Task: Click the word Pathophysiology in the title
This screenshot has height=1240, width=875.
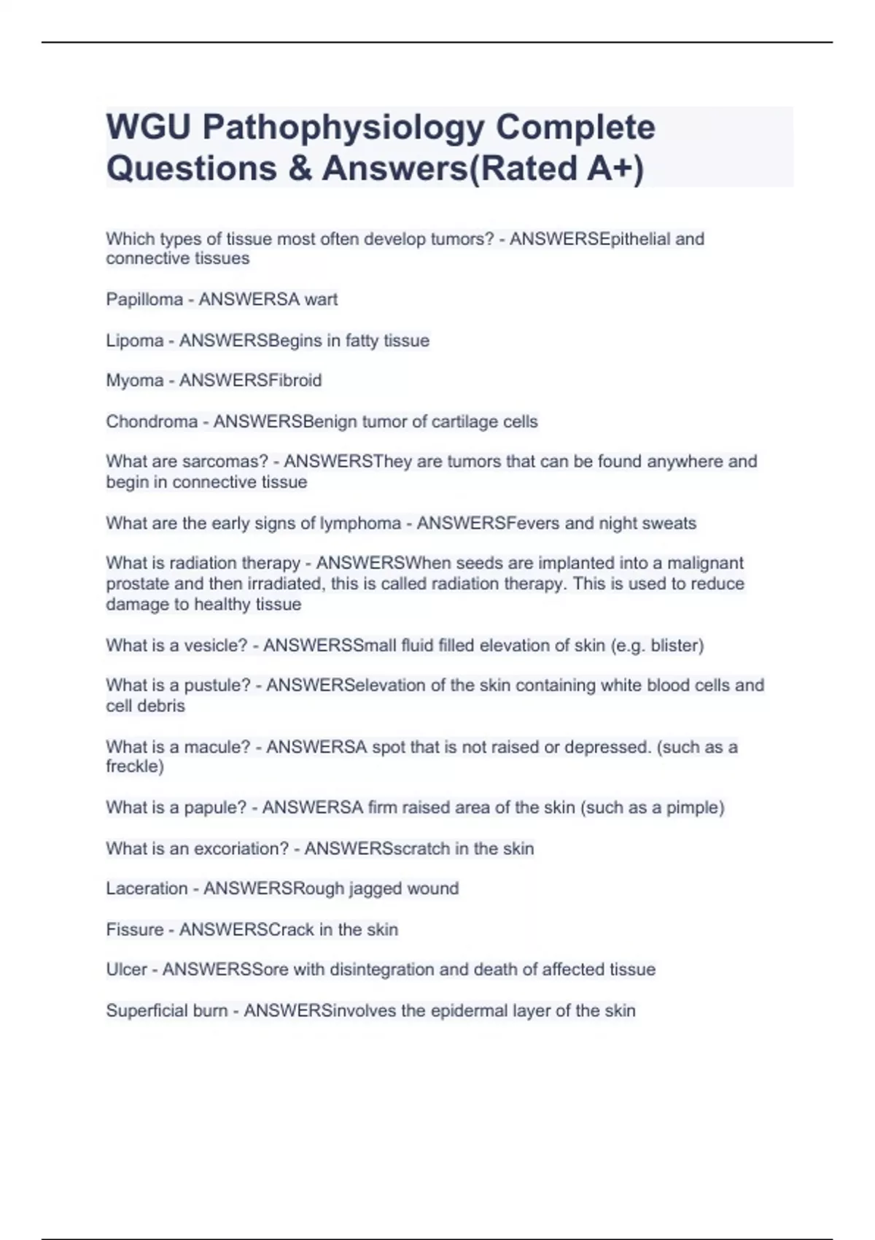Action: (x=343, y=128)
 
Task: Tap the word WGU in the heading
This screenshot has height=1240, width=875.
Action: (x=149, y=127)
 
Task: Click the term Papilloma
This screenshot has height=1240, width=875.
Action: (x=144, y=300)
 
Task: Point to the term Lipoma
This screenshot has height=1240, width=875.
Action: (x=135, y=341)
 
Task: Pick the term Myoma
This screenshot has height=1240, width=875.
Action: (x=135, y=381)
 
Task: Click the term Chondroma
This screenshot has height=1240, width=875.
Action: (x=152, y=422)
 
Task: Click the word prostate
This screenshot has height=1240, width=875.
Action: (x=138, y=584)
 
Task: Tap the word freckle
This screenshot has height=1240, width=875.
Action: (x=132, y=767)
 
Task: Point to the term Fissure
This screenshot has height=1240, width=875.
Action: (x=135, y=929)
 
